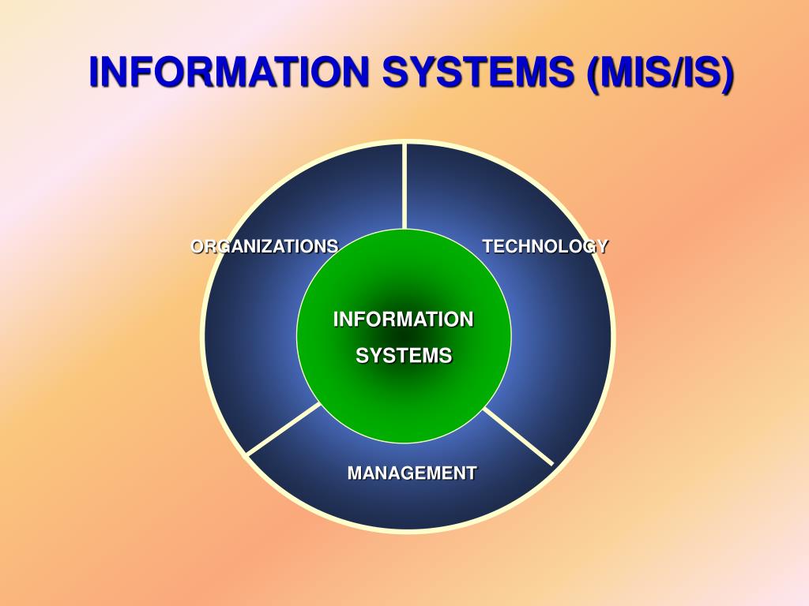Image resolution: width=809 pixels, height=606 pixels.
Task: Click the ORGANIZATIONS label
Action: pos(264,246)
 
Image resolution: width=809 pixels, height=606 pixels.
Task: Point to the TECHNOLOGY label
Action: pos(545,246)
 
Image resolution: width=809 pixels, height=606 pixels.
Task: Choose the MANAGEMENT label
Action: pos(412,473)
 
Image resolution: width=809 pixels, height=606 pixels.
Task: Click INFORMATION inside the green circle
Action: pos(403,320)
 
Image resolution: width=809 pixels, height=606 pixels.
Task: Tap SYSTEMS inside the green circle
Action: pos(403,356)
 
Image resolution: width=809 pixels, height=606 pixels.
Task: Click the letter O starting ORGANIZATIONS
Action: pos(198,246)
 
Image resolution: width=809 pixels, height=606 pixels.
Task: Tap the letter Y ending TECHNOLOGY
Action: pos(602,246)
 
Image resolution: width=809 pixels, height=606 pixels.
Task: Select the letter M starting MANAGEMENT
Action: pos(355,473)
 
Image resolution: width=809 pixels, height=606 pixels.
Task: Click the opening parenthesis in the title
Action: pos(592,73)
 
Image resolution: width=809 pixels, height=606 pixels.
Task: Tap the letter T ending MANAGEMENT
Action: pos(472,473)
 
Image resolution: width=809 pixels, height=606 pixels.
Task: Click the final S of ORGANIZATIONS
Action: pos(333,246)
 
